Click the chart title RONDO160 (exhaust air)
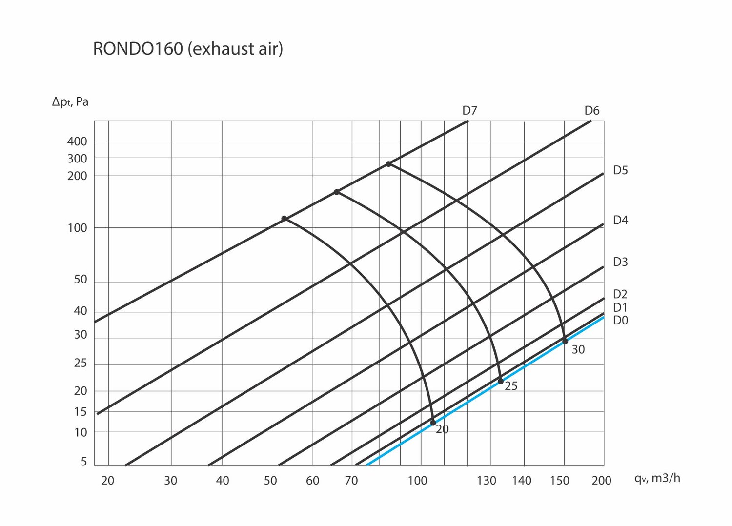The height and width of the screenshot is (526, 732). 188,49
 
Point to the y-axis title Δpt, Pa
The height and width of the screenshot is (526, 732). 70,102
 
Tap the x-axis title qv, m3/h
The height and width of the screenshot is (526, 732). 657,478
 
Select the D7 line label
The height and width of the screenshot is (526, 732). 469,111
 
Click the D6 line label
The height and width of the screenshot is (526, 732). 591,111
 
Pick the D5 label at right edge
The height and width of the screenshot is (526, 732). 620,170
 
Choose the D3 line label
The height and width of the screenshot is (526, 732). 620,262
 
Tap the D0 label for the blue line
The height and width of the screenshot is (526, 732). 620,321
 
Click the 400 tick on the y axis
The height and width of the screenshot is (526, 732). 77,142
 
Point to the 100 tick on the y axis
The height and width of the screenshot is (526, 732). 77,228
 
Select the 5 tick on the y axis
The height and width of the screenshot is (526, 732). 84,462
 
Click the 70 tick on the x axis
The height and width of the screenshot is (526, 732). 351,481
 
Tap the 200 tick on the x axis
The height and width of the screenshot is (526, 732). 601,481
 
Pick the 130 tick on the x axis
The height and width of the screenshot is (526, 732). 487,481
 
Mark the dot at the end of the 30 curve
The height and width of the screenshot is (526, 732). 565,341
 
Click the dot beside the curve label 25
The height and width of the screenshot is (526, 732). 501,381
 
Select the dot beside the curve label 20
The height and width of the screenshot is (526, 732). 433,423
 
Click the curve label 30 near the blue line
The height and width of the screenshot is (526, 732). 578,350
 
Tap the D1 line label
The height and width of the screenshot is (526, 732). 620,307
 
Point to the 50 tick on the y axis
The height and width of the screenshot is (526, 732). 80,280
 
